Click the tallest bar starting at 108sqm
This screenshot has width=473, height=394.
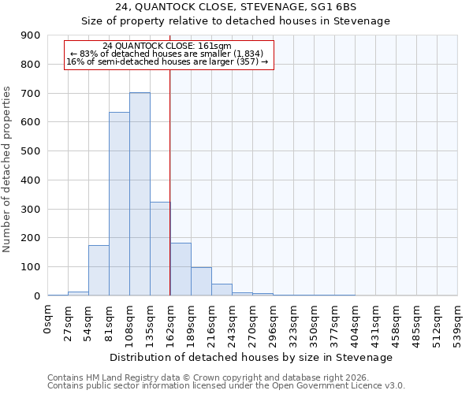[x=140, y=194]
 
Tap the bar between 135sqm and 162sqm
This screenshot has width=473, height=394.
[x=160, y=248]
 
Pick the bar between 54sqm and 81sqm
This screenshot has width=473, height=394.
[x=99, y=270]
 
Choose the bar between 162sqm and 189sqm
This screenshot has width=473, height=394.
[x=181, y=269]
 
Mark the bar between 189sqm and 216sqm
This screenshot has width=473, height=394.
[x=201, y=281]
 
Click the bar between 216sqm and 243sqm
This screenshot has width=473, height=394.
[x=222, y=289]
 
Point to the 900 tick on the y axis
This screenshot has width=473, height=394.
[x=31, y=35]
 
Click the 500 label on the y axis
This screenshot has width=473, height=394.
[x=31, y=151]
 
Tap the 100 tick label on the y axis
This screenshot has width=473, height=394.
[x=31, y=267]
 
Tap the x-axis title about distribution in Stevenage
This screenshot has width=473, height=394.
[x=251, y=357]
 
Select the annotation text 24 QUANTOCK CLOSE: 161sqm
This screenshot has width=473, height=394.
[x=167, y=46]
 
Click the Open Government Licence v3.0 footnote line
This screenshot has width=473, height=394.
[x=226, y=386]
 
